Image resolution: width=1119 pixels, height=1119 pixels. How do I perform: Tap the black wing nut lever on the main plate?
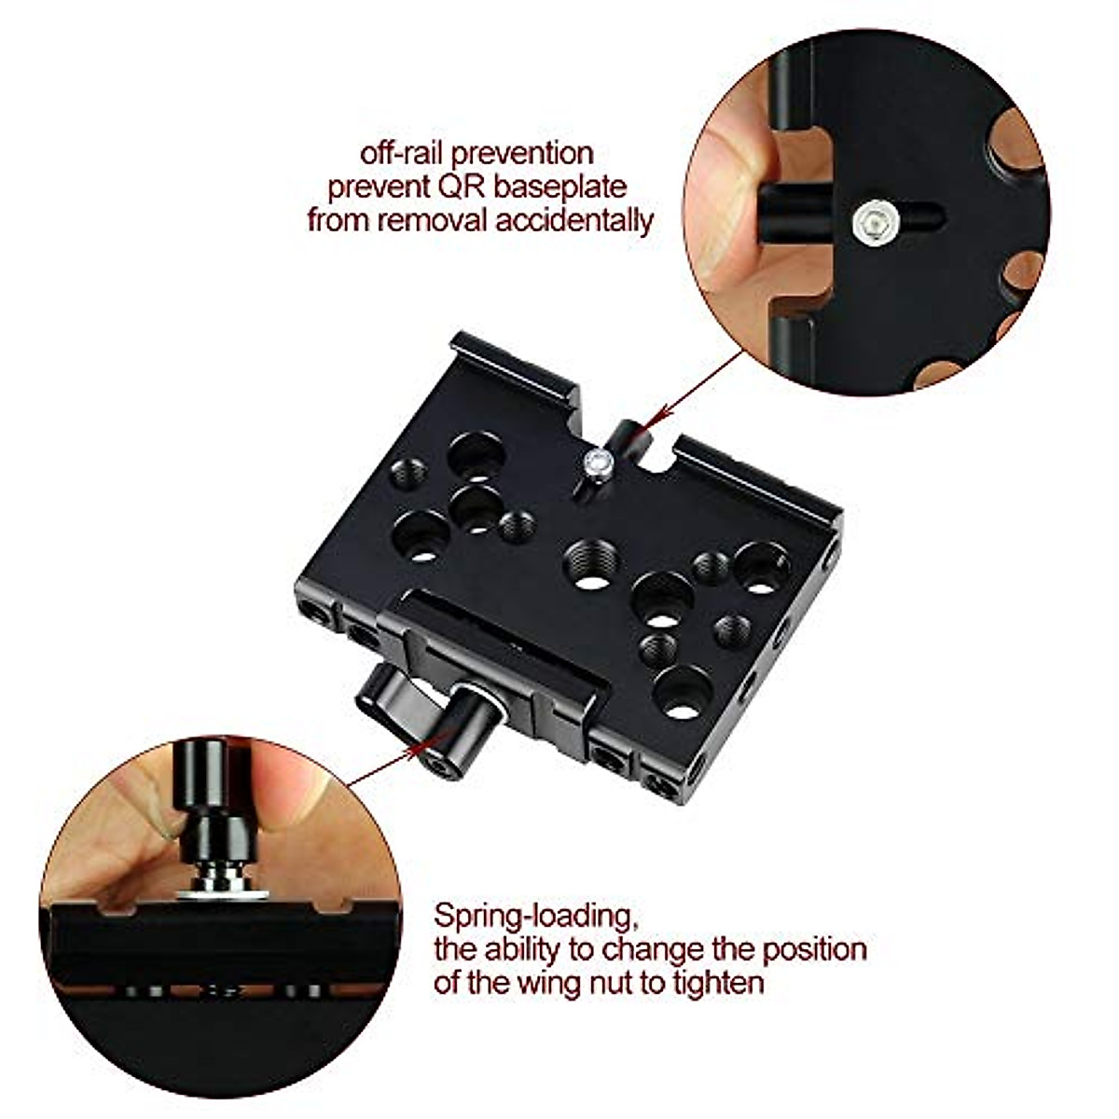[x=392, y=696]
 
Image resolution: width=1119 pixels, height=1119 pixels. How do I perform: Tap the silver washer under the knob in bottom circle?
[x=221, y=892]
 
